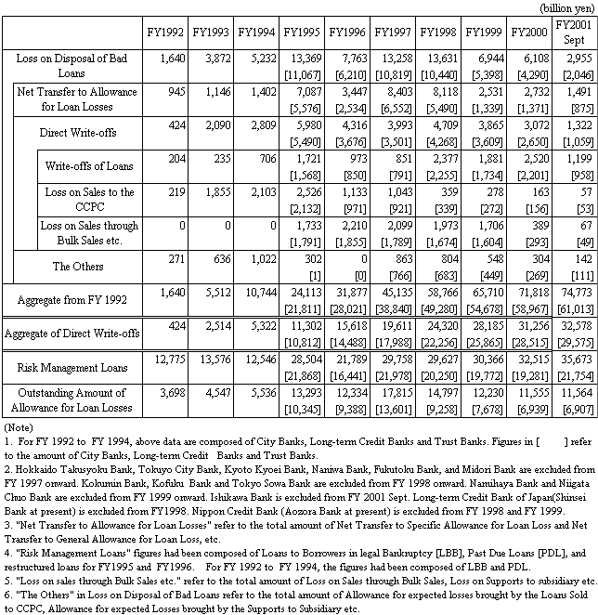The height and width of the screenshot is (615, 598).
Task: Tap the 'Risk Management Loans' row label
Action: tap(72, 368)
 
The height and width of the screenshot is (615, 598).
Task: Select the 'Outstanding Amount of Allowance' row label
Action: tap(72, 401)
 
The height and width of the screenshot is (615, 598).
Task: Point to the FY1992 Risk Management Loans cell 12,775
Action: tap(168, 362)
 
